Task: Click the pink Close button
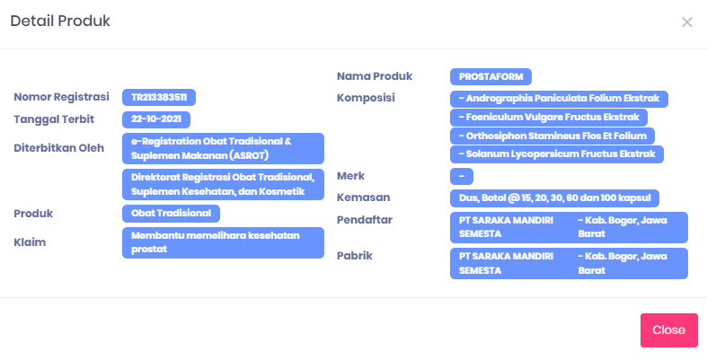pyautogui.click(x=668, y=330)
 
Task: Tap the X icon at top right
pyautogui.click(x=686, y=22)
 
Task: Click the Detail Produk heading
pyautogui.click(x=60, y=21)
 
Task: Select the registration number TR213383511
pyautogui.click(x=159, y=97)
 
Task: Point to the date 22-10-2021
pyautogui.click(x=156, y=119)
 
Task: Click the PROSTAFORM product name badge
pyautogui.click(x=490, y=76)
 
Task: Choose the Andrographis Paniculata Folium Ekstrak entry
pyautogui.click(x=559, y=99)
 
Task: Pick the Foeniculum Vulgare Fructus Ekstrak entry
pyautogui.click(x=549, y=118)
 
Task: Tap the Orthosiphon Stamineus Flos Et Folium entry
pyautogui.click(x=552, y=136)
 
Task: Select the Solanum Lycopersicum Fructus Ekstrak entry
pyautogui.click(x=557, y=154)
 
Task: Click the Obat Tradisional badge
pyautogui.click(x=171, y=214)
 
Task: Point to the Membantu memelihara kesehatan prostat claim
pyautogui.click(x=223, y=243)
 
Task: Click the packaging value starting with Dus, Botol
pyautogui.click(x=554, y=198)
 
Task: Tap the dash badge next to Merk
pyautogui.click(x=462, y=176)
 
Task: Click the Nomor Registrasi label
pyautogui.click(x=61, y=97)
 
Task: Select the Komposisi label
pyautogui.click(x=366, y=98)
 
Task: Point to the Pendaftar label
pyautogui.click(x=365, y=220)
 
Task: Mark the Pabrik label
pyautogui.click(x=355, y=256)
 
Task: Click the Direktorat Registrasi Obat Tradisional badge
pyautogui.click(x=223, y=184)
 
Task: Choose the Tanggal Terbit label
pyautogui.click(x=54, y=119)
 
